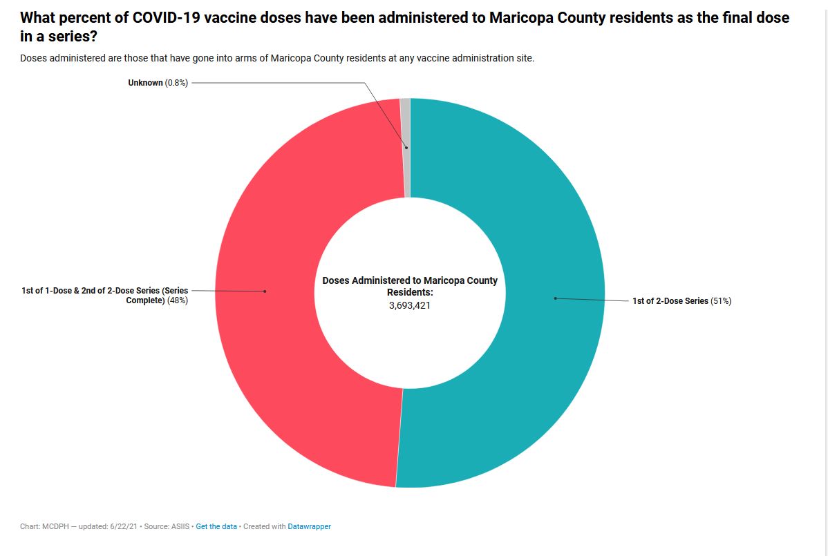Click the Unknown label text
point(145,83)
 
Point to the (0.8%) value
point(176,83)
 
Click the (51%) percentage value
point(721,301)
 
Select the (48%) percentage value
point(176,300)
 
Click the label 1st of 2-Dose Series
point(670,301)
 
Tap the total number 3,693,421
point(410,305)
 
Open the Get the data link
point(216,526)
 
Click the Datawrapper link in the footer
point(309,526)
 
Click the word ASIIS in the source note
point(180,526)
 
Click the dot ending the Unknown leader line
point(406,147)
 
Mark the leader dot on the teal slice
point(554,298)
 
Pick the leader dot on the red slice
point(265,291)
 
